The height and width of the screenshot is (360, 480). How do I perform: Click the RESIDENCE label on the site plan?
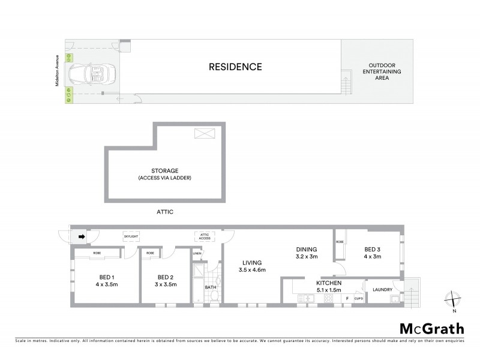(235, 67)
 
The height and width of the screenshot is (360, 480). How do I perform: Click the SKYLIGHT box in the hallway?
(131, 236)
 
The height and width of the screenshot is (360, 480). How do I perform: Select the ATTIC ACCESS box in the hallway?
(202, 236)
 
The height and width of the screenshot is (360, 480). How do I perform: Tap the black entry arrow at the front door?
(82, 237)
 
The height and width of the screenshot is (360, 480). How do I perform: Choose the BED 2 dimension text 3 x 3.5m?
(166, 284)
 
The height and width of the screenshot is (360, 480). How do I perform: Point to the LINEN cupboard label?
(197, 254)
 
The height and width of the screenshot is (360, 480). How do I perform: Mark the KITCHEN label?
(329, 282)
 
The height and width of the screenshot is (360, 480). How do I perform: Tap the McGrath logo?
(432, 328)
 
